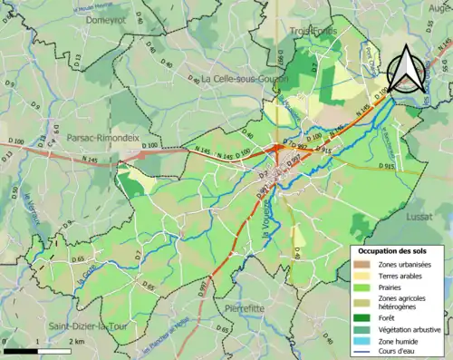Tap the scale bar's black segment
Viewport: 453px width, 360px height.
pos(20,345)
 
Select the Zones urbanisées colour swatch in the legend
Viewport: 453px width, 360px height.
pos(361,264)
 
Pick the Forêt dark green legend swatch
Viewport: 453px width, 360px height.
pos(361,317)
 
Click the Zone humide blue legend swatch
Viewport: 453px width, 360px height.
pos(361,342)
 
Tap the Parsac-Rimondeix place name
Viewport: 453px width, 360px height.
pos(101,138)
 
